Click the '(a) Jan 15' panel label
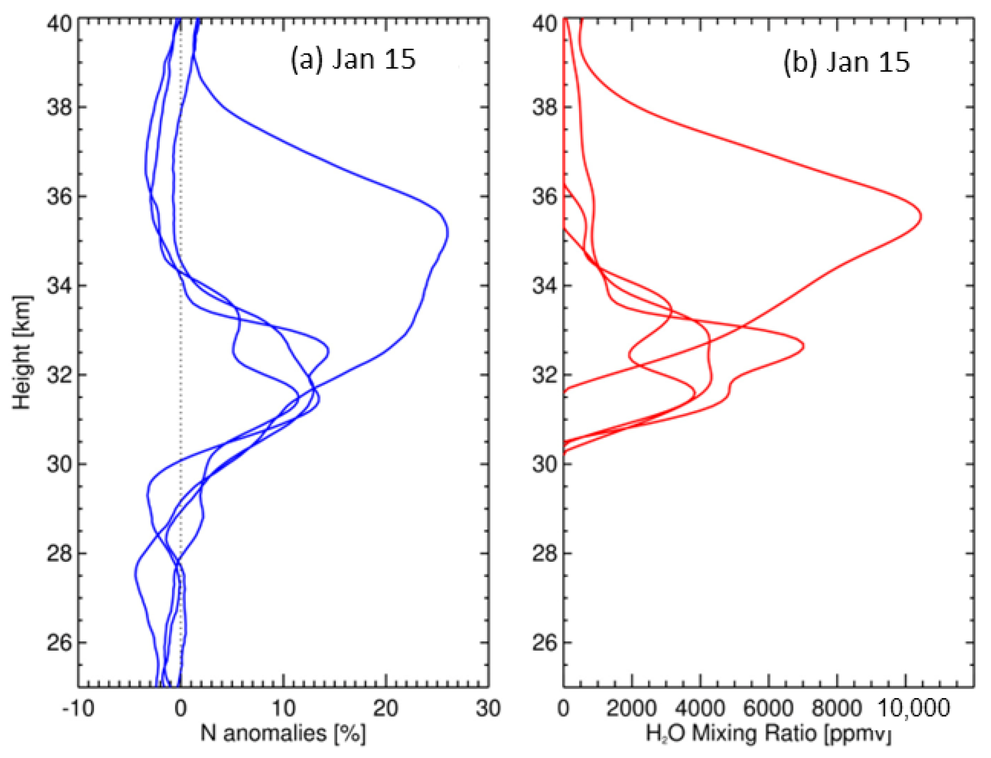[x=353, y=59]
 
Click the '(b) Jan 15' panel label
[x=846, y=62]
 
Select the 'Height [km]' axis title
[x=22, y=352]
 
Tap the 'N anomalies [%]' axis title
[x=283, y=733]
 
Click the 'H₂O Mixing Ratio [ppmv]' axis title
[x=768, y=734]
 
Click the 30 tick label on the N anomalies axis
[x=488, y=709]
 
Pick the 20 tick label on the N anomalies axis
[x=386, y=709]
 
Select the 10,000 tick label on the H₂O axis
[x=913, y=709]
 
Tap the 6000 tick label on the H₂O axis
[x=768, y=709]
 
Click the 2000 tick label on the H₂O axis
[x=631, y=709]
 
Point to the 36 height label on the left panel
[x=59, y=196]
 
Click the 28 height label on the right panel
[x=545, y=553]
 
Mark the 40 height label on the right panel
[x=545, y=23]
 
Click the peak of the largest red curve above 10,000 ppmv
[x=921, y=217]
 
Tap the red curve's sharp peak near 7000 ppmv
[x=804, y=346]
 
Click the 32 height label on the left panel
[x=59, y=375]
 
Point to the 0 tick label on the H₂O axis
[x=563, y=709]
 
